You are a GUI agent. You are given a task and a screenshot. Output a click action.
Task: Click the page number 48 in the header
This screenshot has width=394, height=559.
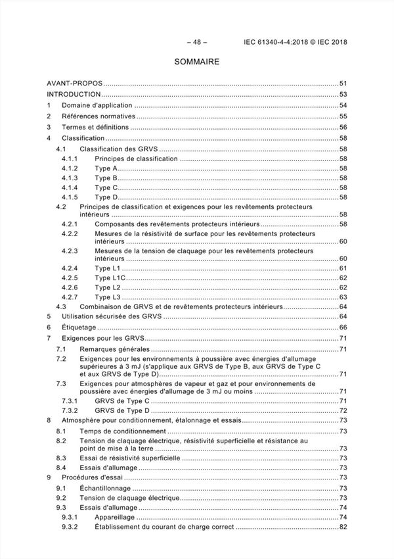[x=197, y=43]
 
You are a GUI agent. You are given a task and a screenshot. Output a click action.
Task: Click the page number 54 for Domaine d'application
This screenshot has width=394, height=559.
[x=343, y=105]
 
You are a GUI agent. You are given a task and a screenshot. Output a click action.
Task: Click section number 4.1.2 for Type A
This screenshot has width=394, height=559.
[x=70, y=169]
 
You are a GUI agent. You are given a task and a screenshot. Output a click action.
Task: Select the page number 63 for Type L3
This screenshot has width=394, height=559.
[x=343, y=298]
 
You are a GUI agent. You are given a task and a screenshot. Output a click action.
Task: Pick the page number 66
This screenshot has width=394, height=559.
[x=343, y=328]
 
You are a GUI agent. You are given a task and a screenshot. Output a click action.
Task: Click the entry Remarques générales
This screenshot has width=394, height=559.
[x=114, y=349]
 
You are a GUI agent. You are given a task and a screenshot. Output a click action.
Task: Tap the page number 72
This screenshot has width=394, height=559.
[x=343, y=410]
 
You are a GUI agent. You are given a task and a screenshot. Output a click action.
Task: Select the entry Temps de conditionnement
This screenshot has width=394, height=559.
[x=121, y=431]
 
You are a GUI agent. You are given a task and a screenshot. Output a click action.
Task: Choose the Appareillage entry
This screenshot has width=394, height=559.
[x=116, y=518]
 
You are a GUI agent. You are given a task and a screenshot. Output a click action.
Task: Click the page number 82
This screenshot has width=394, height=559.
[x=343, y=527]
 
